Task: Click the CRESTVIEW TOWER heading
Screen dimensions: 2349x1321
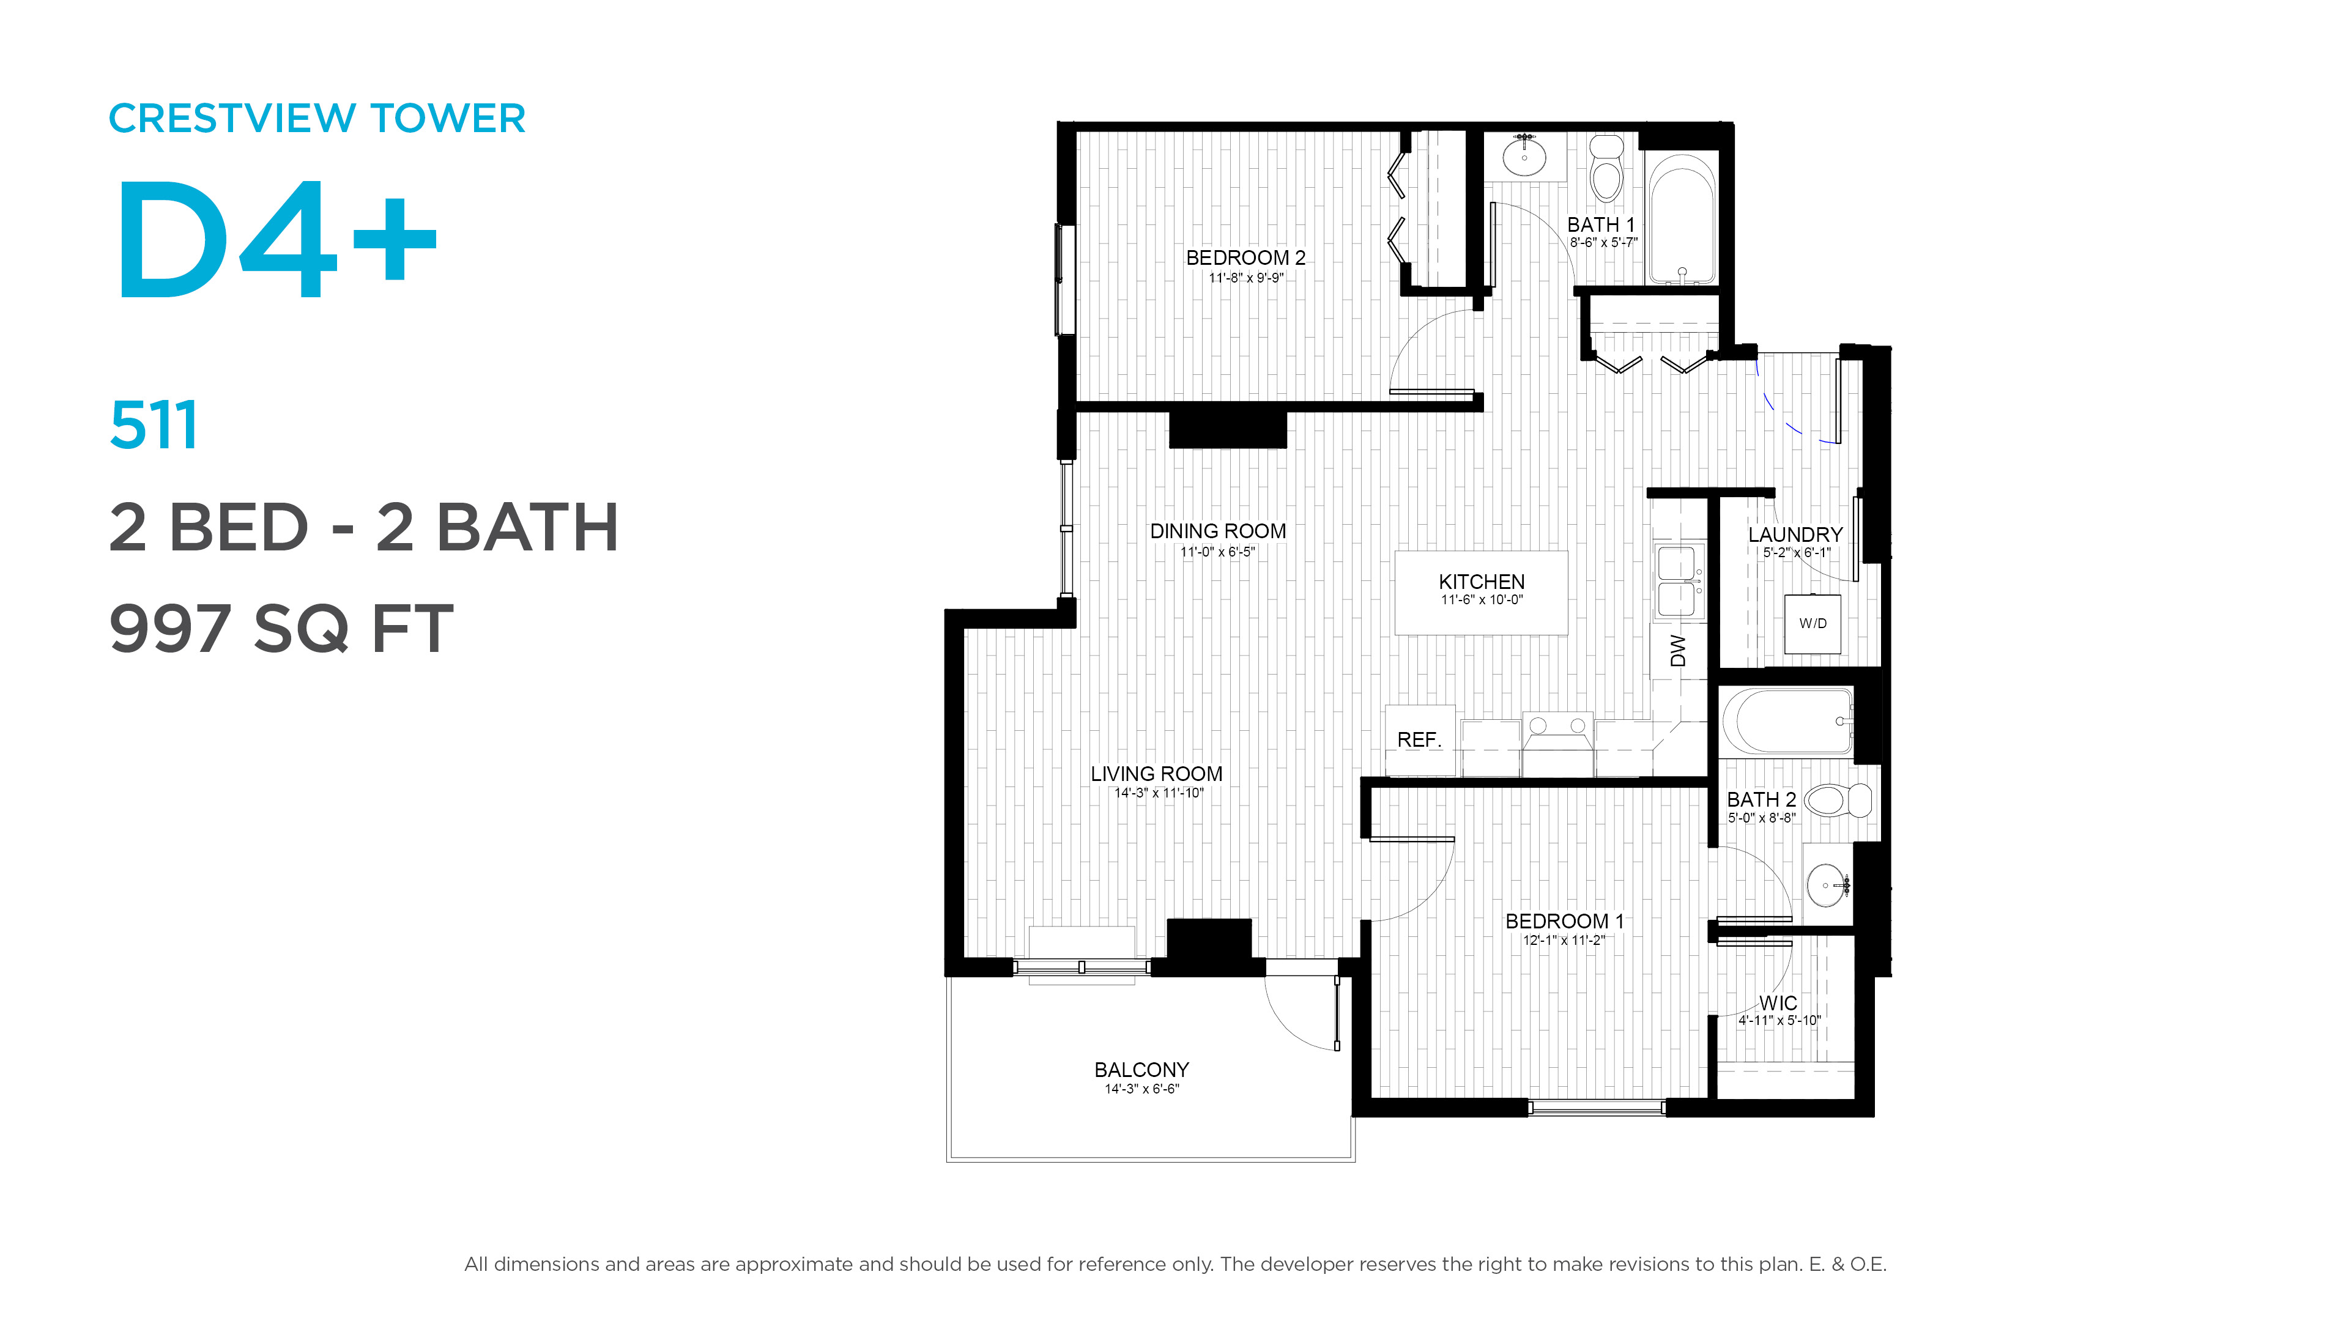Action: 316,119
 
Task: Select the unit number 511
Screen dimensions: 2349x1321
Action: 153,426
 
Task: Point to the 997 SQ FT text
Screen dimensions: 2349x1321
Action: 281,629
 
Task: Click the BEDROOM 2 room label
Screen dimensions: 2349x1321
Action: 1245,258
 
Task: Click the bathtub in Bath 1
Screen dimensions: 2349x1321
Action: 1682,220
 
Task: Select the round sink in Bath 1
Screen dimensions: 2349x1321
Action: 1524,156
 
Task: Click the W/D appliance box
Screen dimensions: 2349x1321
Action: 1813,624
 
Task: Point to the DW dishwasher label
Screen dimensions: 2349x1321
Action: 1678,651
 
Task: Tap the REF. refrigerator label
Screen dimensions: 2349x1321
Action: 1420,740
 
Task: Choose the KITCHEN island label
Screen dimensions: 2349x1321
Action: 1482,582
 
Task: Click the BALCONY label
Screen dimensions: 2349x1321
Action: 1141,1070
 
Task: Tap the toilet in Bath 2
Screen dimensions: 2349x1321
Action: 1838,801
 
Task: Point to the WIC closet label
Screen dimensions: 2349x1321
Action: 1778,1003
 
